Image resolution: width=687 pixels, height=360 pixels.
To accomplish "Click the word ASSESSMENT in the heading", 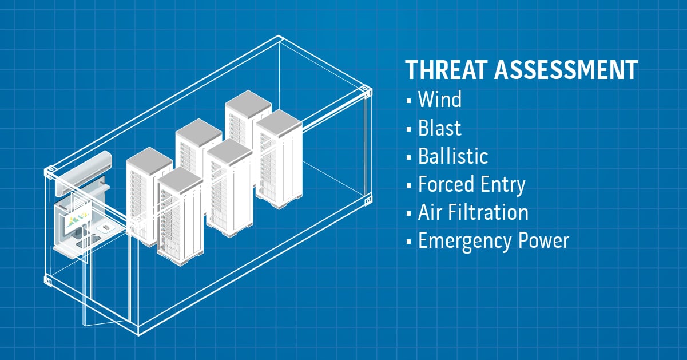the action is [x=566, y=70].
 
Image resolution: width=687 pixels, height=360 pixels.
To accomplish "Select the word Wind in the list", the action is [x=440, y=99].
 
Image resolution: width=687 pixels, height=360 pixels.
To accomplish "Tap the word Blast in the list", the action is [x=440, y=128].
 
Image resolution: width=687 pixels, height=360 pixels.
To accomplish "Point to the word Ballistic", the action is [x=453, y=156].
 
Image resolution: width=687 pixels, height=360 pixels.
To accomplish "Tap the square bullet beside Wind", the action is [x=408, y=101].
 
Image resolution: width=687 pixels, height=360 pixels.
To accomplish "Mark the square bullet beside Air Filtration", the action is [x=408, y=213].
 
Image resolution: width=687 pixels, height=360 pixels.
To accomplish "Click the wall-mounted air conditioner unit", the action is [x=84, y=172].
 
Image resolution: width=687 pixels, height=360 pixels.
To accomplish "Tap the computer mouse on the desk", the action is [x=106, y=228].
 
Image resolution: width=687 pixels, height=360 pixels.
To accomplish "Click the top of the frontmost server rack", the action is [x=180, y=180].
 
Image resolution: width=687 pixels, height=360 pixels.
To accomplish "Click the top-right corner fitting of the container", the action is [x=366, y=91].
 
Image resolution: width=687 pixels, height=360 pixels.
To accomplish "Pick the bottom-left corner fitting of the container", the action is [x=48, y=280].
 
